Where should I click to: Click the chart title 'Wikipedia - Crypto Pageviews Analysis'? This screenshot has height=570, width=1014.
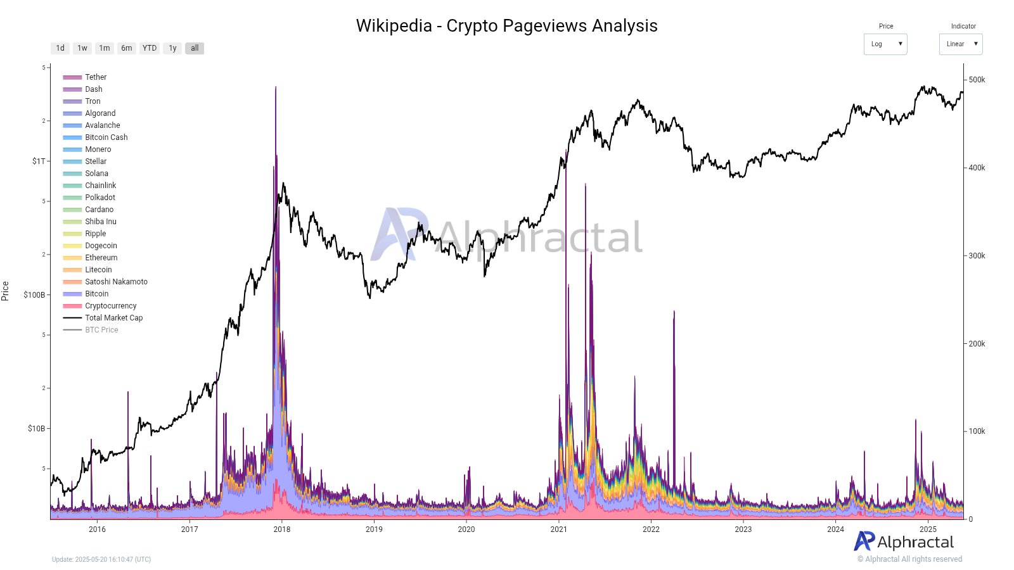click(x=506, y=26)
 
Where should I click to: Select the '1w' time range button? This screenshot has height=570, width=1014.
click(x=82, y=48)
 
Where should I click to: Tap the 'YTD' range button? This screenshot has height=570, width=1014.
click(x=150, y=48)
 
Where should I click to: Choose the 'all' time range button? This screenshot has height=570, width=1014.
click(x=195, y=48)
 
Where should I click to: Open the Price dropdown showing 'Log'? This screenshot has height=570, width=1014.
click(x=885, y=44)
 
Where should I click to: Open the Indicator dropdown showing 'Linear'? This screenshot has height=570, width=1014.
click(x=961, y=44)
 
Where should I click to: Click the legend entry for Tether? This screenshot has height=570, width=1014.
click(x=96, y=77)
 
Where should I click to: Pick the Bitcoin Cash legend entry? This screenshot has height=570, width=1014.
click(x=106, y=137)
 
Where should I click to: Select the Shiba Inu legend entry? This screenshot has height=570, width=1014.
click(x=100, y=222)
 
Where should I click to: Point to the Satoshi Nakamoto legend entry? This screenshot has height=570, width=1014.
click(x=116, y=282)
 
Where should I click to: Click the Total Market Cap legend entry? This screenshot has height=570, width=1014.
click(x=113, y=318)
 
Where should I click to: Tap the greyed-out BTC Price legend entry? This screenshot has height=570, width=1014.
click(x=101, y=330)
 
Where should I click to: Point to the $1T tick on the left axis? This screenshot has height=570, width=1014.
click(x=39, y=161)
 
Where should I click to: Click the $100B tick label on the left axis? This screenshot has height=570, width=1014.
click(x=34, y=295)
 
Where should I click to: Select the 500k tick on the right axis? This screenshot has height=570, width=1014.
click(x=977, y=80)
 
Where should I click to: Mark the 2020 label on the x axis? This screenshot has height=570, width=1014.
click(x=466, y=529)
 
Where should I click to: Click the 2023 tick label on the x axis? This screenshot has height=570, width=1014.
click(x=743, y=529)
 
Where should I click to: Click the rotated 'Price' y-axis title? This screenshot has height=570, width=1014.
click(x=6, y=291)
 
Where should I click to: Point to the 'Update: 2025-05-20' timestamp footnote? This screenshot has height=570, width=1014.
click(x=101, y=559)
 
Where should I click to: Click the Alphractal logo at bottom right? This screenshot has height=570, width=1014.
click(x=904, y=542)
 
